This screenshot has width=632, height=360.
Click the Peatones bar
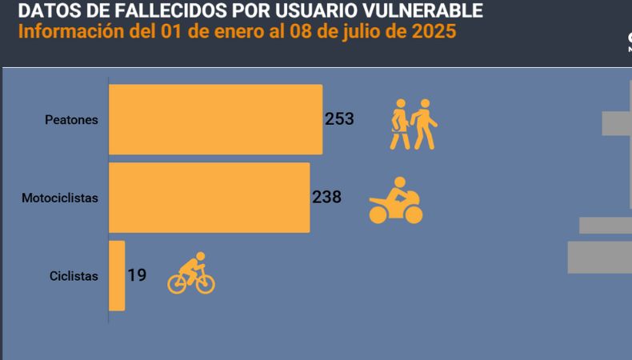click(215, 119)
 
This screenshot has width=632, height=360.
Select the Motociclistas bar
click(209, 198)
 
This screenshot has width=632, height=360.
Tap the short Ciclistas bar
click(117, 275)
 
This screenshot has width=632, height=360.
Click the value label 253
click(339, 119)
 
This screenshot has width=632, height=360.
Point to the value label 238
click(326, 197)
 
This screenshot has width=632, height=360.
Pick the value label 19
click(137, 275)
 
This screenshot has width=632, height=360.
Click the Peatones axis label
click(71, 120)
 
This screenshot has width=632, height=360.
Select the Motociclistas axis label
click(60, 198)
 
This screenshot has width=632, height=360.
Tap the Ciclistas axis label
click(74, 276)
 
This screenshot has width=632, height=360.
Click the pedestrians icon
click(414, 124)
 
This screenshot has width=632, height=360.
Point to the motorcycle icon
click(395, 202)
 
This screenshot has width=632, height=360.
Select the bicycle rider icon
click(191, 274)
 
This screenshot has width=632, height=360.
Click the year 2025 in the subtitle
click(435, 32)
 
